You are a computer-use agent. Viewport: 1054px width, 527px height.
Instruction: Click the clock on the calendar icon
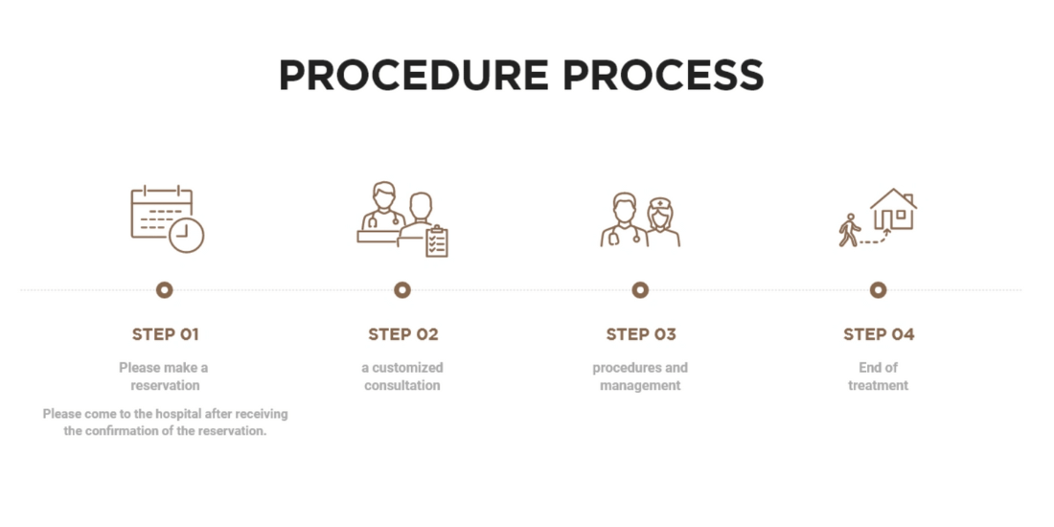[187, 235]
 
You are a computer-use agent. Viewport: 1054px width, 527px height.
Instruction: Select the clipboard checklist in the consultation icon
[436, 241]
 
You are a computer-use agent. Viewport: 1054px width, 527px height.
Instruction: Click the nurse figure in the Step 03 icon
[661, 222]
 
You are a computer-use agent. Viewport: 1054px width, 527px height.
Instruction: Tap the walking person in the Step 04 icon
[849, 230]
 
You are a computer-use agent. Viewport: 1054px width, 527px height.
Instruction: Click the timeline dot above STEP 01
[165, 289]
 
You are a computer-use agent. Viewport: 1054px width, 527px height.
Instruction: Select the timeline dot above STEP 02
[402, 289]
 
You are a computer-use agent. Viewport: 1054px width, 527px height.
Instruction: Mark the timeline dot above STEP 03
[640, 289]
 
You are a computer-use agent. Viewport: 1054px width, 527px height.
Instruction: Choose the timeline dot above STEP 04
[878, 289]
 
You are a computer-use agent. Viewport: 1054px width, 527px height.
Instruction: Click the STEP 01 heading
[165, 334]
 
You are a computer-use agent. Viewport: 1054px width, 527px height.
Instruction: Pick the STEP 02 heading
[402, 334]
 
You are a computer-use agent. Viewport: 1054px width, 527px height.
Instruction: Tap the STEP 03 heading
[640, 334]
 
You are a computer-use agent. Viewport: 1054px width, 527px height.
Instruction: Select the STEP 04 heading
[878, 334]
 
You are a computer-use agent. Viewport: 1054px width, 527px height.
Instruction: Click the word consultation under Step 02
[402, 385]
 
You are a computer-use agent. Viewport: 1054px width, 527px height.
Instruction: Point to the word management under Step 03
[640, 385]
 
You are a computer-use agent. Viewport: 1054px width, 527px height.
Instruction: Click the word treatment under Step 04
[878, 385]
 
